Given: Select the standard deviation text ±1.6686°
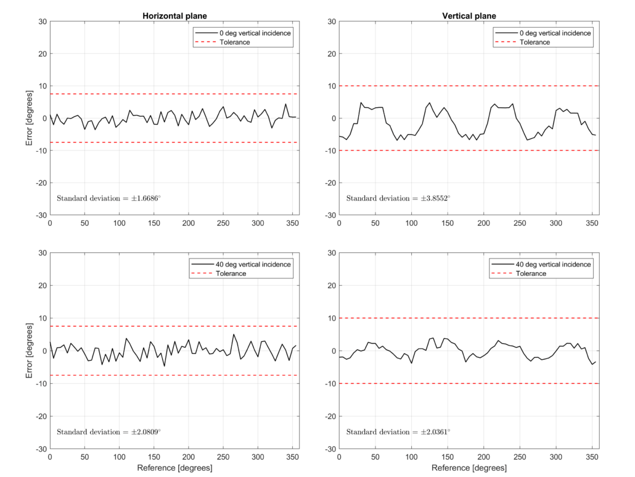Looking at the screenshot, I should tap(109, 199).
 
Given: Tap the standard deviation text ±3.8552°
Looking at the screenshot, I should tap(398, 199).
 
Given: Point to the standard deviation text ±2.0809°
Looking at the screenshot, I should tap(109, 432).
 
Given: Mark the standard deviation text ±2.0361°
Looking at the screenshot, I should tap(398, 432).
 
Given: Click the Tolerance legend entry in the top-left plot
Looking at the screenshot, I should tap(235, 42).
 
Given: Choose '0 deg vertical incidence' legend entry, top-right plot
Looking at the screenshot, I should tap(555, 33).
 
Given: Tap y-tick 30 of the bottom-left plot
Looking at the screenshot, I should tap(42, 253).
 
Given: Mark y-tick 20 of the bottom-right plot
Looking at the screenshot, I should tap(330, 286).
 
